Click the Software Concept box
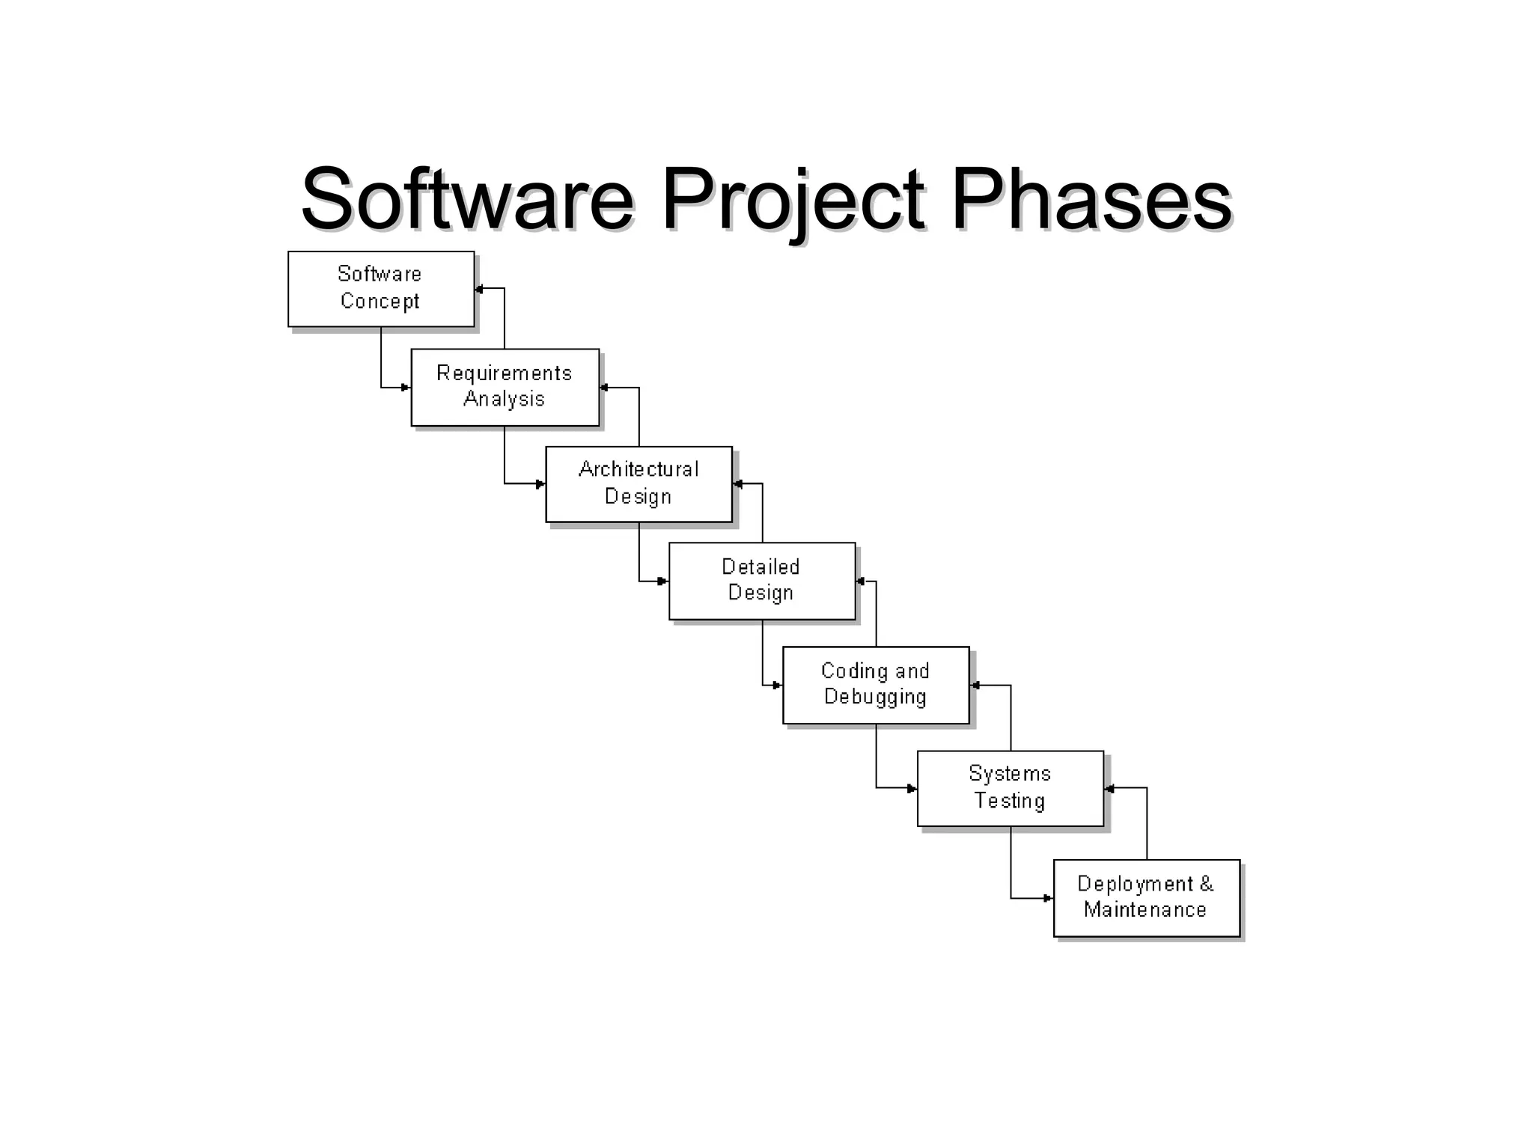pyautogui.click(x=381, y=289)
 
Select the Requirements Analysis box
pyautogui.click(x=505, y=387)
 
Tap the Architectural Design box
pyautogui.click(x=639, y=483)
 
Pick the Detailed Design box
pyautogui.click(x=761, y=581)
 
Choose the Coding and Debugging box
pyautogui.click(x=875, y=685)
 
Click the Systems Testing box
pyautogui.click(x=1010, y=788)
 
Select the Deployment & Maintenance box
pyautogui.click(x=1146, y=897)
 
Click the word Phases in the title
pyautogui.click(x=1091, y=199)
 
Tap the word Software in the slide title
pyautogui.click(x=467, y=199)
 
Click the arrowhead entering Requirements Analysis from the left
pyautogui.click(x=406, y=388)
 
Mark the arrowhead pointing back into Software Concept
pyautogui.click(x=480, y=289)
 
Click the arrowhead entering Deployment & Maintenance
pyautogui.click(x=1048, y=898)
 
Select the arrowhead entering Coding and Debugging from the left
pyautogui.click(x=778, y=685)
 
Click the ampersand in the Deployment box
pyautogui.click(x=1206, y=884)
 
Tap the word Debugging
pyautogui.click(x=875, y=697)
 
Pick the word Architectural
pyautogui.click(x=639, y=469)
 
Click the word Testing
pyautogui.click(x=1009, y=801)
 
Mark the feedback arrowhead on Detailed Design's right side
pyautogui.click(x=861, y=581)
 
